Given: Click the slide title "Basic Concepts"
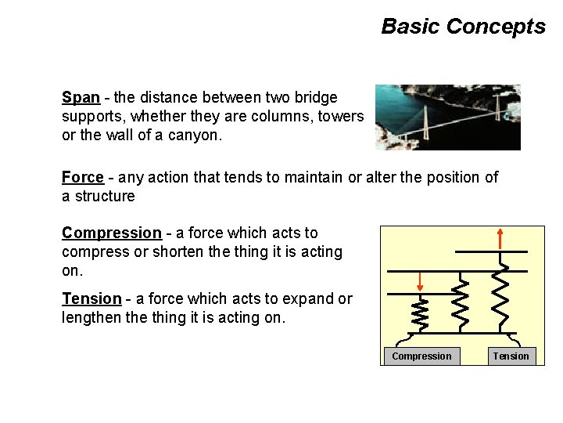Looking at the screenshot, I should pyautogui.click(x=463, y=27).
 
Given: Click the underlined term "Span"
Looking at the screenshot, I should pyautogui.click(x=81, y=98).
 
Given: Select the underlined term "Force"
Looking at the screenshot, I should pyautogui.click(x=83, y=178).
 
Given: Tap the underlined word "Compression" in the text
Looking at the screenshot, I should pyautogui.click(x=111, y=233).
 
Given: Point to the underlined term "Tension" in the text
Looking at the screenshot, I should pyautogui.click(x=91, y=298).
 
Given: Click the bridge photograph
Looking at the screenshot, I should pyautogui.click(x=447, y=117).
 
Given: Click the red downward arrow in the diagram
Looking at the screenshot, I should pyautogui.click(x=420, y=281).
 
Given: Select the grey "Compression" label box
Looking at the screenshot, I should pyautogui.click(x=421, y=356).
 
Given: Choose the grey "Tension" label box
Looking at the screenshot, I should pyautogui.click(x=511, y=356).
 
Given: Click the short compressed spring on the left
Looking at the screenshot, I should pyautogui.click(x=420, y=316).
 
